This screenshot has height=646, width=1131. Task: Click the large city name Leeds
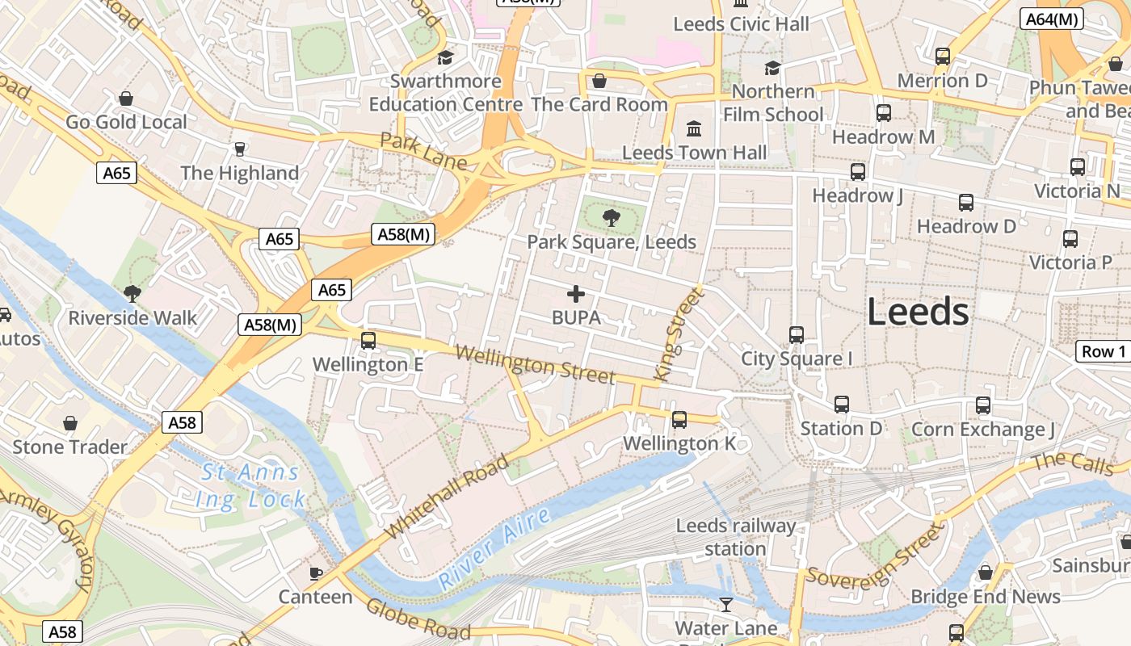919,312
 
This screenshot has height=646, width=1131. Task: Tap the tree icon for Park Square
612,216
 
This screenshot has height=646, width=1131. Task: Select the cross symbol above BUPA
576,294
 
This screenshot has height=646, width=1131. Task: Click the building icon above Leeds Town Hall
694,128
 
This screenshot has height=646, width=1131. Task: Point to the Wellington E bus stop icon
368,340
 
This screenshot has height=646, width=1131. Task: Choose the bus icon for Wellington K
679,419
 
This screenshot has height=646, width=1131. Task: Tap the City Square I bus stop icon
797,334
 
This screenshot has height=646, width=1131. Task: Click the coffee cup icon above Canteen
316,573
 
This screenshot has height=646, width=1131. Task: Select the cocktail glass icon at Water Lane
726,604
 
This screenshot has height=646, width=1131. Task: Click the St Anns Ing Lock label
250,485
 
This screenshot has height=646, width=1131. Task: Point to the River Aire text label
494,548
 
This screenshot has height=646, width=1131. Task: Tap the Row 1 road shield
1103,351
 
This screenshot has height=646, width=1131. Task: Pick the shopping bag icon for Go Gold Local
126,99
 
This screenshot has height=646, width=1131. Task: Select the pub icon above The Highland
239,149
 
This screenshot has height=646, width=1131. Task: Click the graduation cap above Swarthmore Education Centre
445,57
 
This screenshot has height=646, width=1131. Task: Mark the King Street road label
680,334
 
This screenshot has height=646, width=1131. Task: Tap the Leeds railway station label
735,538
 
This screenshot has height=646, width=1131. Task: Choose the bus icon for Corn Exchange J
983,405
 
